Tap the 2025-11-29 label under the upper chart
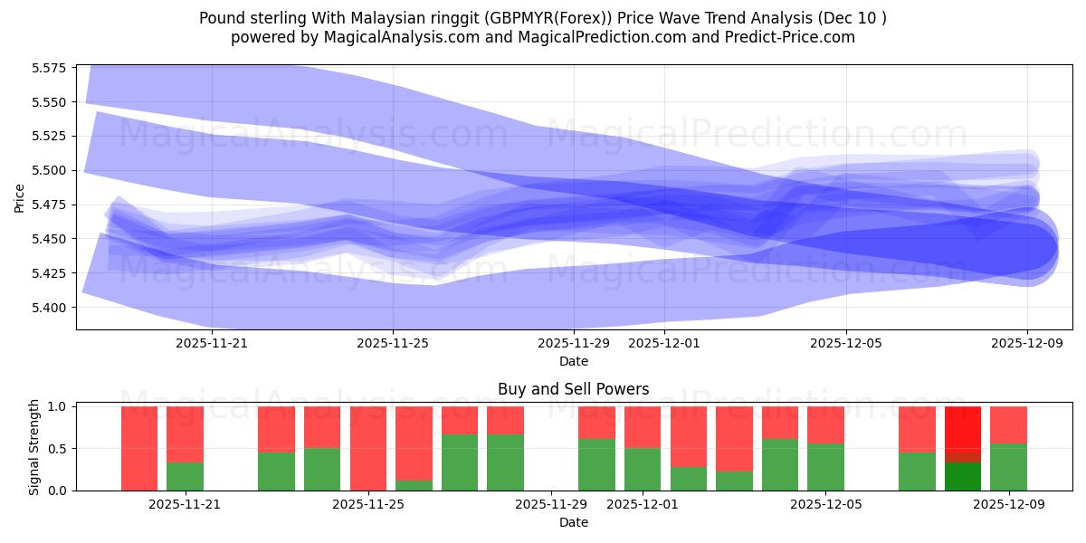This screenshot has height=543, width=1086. (x=574, y=343)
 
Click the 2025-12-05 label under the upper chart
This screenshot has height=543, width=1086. (x=846, y=343)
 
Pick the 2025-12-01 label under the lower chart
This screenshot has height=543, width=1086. (x=643, y=504)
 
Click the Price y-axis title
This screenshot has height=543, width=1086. (x=20, y=197)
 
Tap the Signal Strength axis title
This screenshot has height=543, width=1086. (x=33, y=446)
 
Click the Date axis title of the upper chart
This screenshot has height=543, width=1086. (x=574, y=361)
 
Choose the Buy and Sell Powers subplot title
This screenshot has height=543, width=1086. (x=574, y=389)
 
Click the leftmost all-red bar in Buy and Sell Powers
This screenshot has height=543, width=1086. (x=139, y=448)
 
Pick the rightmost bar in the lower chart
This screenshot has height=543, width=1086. (x=1008, y=448)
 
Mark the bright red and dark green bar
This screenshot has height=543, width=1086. (x=963, y=448)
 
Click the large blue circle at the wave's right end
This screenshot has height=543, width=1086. (x=1026, y=247)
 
